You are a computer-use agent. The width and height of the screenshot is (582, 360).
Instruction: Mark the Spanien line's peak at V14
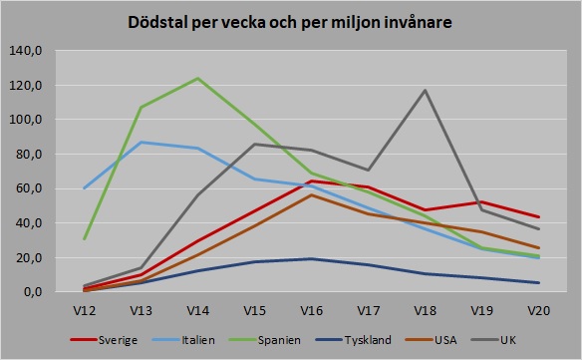(198, 78)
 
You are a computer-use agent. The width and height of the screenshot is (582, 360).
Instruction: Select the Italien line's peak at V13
(141, 142)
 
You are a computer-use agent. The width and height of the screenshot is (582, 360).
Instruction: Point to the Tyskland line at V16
(313, 259)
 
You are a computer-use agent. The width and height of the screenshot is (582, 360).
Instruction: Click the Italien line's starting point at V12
(84, 188)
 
